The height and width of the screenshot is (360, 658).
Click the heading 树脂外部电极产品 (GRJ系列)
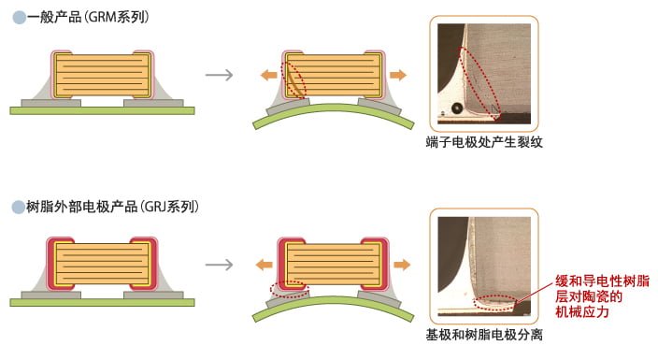(112, 206)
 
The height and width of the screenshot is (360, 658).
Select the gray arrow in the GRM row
(219, 75)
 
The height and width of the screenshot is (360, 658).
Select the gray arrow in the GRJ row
(219, 265)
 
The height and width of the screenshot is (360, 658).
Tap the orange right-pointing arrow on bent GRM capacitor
(398, 74)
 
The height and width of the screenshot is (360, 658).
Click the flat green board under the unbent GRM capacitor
(102, 109)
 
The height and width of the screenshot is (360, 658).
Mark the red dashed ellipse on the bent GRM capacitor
(294, 81)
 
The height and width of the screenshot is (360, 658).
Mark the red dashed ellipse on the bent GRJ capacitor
(285, 286)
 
